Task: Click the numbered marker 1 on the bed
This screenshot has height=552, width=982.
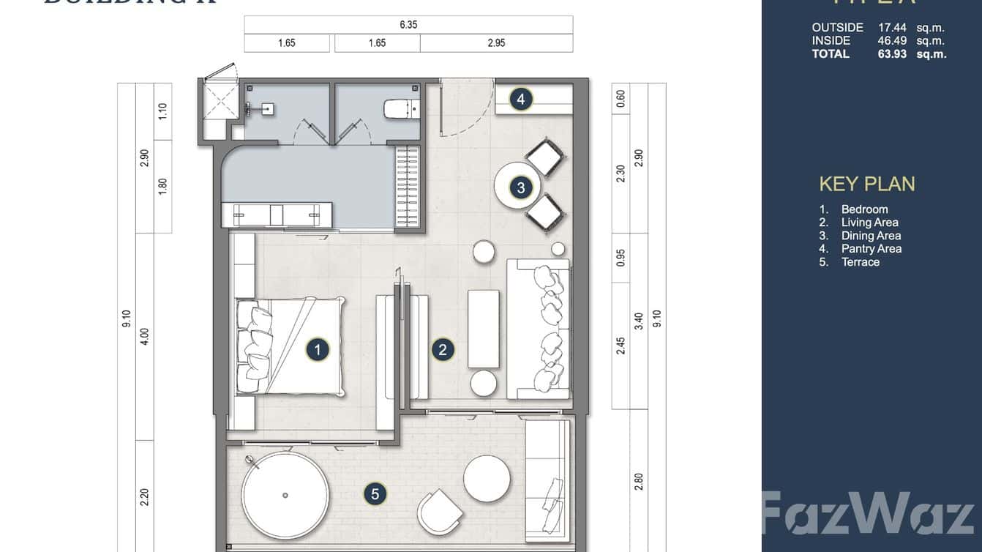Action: (x=318, y=350)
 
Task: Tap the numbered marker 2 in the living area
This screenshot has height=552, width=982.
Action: (x=442, y=350)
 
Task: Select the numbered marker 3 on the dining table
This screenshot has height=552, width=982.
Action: (x=521, y=188)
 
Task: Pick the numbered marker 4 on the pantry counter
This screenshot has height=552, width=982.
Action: (x=520, y=99)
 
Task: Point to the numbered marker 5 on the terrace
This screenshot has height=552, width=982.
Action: (x=375, y=494)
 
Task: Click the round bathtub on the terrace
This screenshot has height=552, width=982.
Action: (x=285, y=495)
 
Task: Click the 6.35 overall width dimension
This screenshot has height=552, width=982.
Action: (x=408, y=25)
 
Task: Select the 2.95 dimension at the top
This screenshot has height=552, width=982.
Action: (x=496, y=43)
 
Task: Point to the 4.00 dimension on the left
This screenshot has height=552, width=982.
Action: (x=144, y=336)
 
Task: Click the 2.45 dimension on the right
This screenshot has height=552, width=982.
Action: (x=621, y=346)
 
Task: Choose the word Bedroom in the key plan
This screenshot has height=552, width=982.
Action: (x=864, y=209)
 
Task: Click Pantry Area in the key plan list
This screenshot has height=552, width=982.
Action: (x=871, y=249)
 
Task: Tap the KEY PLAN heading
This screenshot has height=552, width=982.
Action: (x=867, y=184)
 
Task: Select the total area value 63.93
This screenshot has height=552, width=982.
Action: (x=892, y=53)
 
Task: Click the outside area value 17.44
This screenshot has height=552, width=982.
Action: (x=892, y=28)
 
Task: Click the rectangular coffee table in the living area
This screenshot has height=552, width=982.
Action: (x=483, y=329)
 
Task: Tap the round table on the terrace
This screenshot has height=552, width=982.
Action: (x=487, y=479)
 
